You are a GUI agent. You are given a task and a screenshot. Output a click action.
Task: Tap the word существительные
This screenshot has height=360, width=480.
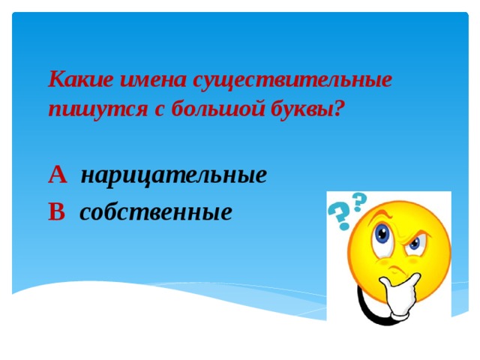click(293, 80)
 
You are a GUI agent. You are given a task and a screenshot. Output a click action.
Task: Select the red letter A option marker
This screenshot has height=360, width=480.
click(58, 175)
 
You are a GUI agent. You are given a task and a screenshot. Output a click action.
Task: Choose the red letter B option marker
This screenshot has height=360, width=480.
click(58, 213)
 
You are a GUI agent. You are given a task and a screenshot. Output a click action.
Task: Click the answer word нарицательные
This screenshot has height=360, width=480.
click(173, 176)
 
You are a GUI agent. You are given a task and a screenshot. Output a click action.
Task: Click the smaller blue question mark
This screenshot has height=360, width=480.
click(360, 200)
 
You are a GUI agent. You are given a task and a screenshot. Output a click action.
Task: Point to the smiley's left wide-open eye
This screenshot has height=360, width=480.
click(382, 239)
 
